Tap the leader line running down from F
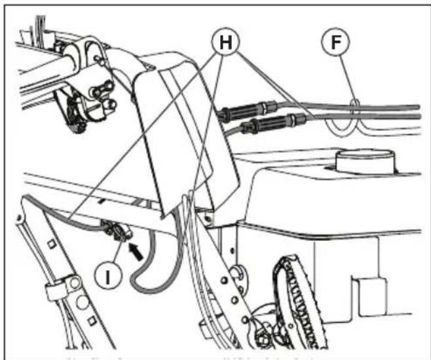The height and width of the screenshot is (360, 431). point(352,79)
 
